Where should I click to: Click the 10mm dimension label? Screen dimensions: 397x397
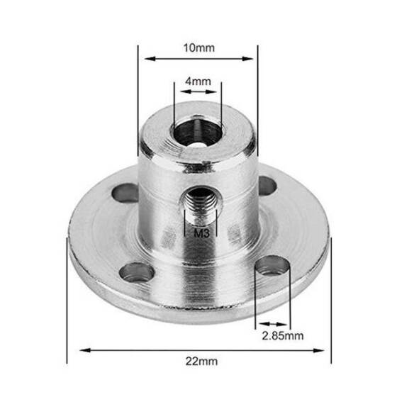click(x=198, y=48)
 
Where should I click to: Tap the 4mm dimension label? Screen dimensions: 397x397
click(x=197, y=82)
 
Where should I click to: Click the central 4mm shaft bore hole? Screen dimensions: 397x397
click(x=196, y=133)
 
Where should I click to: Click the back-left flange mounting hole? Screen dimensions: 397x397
click(x=125, y=191)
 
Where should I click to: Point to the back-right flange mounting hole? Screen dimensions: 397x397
click(x=267, y=186)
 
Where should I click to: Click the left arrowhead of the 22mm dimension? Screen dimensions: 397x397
click(x=71, y=349)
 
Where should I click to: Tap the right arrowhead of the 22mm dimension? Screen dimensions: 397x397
click(x=327, y=349)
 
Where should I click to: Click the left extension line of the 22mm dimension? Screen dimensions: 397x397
click(x=67, y=298)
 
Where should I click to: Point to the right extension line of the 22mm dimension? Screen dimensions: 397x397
click(x=330, y=298)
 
